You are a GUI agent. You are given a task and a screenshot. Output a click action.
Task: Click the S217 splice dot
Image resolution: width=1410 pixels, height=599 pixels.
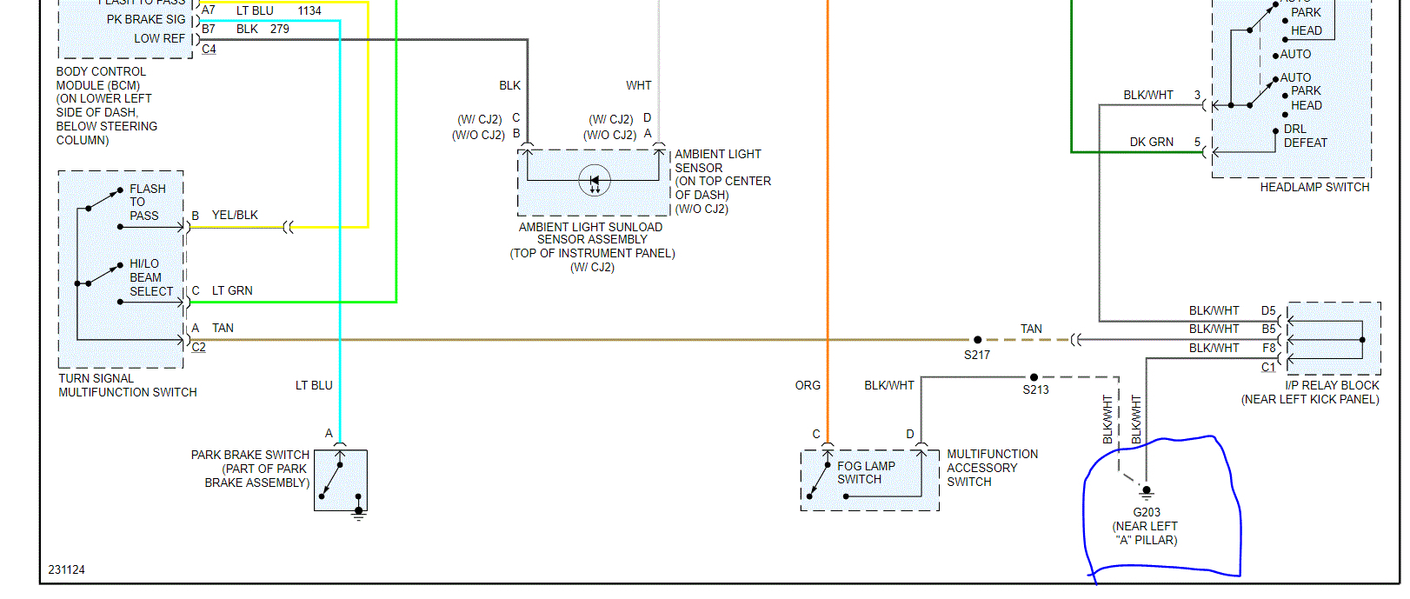pos(978,340)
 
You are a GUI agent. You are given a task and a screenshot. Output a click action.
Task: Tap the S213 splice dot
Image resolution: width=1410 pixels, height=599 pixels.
pos(1034,377)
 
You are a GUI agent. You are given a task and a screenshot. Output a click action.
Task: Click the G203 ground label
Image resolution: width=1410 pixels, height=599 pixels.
pos(1147,512)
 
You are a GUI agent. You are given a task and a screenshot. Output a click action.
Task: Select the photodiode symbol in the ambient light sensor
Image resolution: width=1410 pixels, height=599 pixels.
pos(595,181)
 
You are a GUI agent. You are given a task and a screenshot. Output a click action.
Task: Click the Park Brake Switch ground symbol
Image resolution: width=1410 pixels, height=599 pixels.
pos(358,513)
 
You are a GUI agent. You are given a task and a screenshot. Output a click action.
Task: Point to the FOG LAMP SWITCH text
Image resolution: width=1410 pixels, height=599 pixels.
pos(866,473)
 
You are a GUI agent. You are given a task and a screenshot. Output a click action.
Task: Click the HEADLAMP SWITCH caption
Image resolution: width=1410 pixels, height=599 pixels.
pos(1314,187)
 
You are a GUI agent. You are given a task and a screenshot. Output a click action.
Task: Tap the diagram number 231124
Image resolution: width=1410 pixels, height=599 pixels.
pos(67,569)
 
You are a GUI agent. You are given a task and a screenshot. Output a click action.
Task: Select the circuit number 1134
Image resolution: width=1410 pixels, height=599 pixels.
pos(309,10)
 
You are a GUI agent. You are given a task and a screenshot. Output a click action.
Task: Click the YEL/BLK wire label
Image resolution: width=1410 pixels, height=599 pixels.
pos(235,215)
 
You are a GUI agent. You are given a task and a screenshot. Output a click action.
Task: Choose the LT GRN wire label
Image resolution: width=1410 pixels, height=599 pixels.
pos(232,290)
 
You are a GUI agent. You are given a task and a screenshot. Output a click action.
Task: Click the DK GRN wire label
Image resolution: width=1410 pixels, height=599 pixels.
pos(1151,142)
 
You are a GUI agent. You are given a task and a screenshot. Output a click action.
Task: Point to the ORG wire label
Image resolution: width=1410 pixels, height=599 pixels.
pos(808,385)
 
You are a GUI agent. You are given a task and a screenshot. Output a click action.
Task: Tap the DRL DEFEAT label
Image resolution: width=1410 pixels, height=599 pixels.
pos(1305,136)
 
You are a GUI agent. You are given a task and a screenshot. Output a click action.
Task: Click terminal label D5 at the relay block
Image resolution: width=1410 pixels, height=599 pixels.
pos(1268,310)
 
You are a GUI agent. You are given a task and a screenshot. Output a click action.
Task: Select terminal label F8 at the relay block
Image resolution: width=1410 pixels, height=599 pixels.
pos(1269,348)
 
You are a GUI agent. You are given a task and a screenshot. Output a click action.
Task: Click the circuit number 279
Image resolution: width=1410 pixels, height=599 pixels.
pos(279,29)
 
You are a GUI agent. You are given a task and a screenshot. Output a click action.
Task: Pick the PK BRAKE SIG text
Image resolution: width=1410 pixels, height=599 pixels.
pos(146,19)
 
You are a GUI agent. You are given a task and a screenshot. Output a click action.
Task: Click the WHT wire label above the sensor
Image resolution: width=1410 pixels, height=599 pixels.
pos(638,85)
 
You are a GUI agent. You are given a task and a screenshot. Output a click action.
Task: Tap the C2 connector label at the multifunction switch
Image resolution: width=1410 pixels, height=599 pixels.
pos(199,347)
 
